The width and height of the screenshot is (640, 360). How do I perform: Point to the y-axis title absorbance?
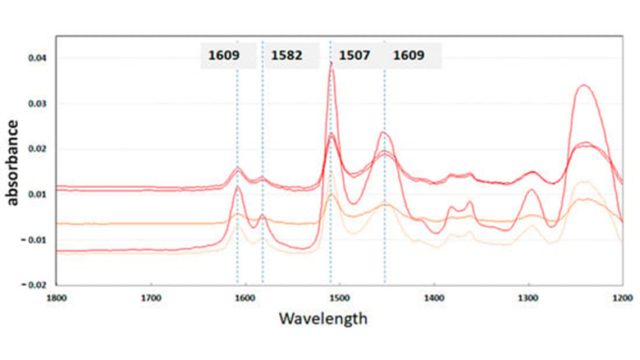click(x=14, y=161)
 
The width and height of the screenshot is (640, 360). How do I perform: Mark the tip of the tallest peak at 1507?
click(x=331, y=62)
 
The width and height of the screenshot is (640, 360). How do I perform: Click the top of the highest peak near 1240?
click(x=583, y=85)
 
